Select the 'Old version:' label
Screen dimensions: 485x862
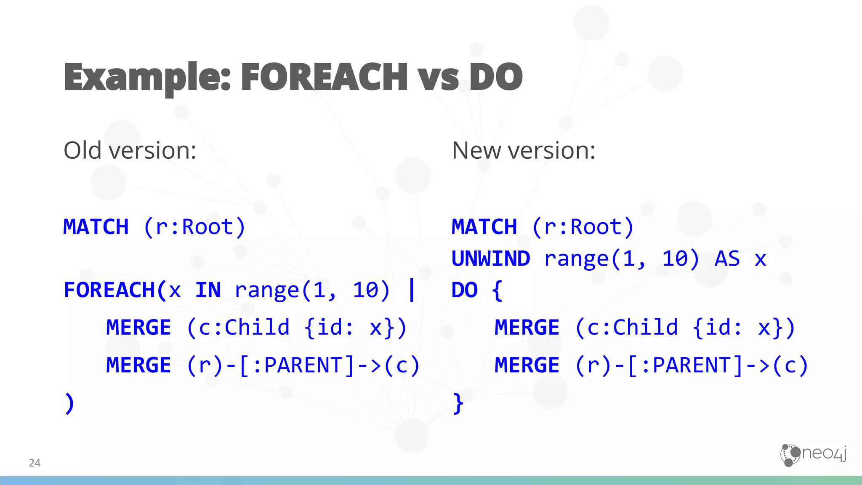point(130,150)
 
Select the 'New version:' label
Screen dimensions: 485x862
point(523,150)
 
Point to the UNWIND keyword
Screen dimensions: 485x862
point(490,258)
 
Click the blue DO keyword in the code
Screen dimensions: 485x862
point(464,290)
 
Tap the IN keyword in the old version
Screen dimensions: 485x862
point(208,290)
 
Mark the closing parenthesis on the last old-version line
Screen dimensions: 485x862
point(69,403)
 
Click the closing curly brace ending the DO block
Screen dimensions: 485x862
point(458,403)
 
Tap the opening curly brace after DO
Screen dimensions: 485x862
point(497,290)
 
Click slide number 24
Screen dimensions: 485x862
point(35,463)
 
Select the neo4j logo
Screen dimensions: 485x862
point(813,455)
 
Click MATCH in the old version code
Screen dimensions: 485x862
point(96,227)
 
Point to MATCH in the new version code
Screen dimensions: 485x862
point(484,227)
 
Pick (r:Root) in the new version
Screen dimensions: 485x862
point(583,227)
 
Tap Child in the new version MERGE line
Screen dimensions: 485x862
point(645,328)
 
